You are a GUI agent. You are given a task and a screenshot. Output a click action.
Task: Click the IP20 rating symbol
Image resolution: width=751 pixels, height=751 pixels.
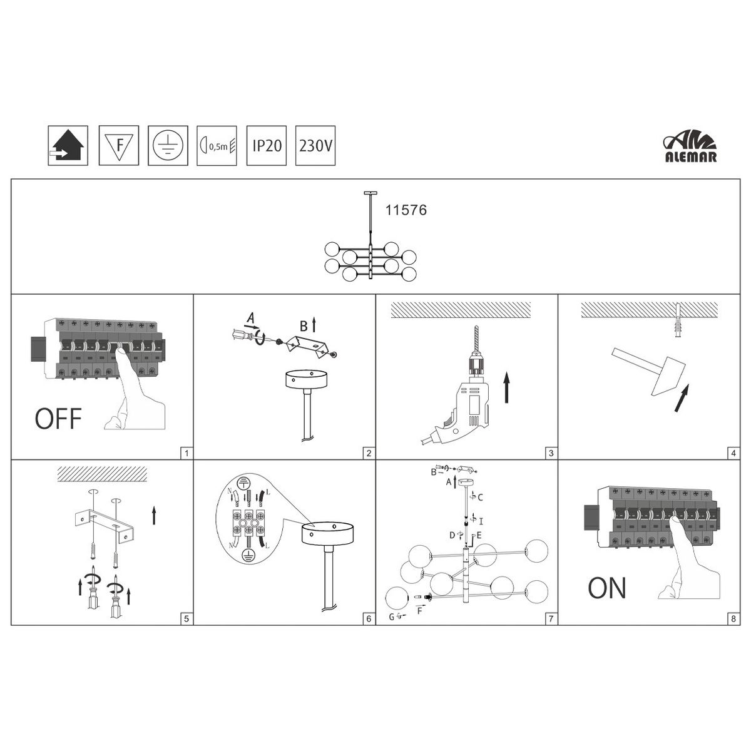click(267, 145)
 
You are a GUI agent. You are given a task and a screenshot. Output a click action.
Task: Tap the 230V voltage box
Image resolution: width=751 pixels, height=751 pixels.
click(315, 145)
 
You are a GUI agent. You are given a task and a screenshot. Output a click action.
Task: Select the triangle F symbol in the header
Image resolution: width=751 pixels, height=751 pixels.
click(119, 145)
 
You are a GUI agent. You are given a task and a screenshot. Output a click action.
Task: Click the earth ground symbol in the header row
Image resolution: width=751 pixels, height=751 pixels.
click(168, 145)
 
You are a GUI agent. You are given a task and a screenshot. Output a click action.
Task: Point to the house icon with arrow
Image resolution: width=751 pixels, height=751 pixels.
click(68, 145)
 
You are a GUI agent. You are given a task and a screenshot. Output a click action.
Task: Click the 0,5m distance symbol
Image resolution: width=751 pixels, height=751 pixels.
click(217, 146)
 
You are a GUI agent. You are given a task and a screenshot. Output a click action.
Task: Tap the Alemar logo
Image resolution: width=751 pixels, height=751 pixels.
click(690, 149)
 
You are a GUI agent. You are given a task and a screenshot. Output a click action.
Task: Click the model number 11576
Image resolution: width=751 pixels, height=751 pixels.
click(406, 210)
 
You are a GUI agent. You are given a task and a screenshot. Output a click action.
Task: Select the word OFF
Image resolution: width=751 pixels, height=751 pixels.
click(58, 419)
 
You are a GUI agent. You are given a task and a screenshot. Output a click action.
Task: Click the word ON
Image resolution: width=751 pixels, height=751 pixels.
click(607, 588)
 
